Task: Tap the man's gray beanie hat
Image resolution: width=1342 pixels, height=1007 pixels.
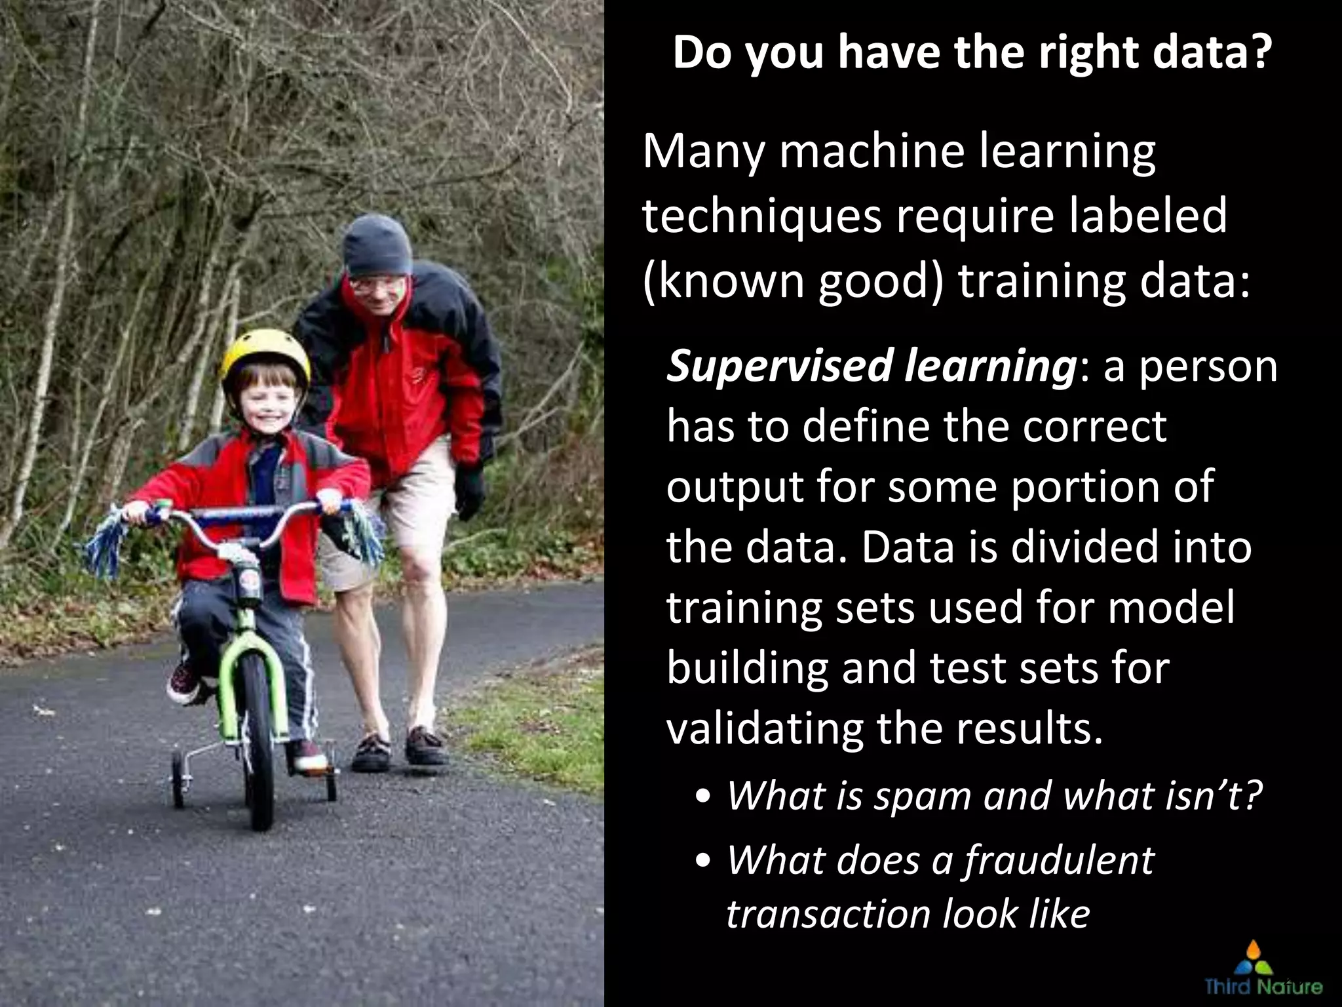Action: click(x=377, y=245)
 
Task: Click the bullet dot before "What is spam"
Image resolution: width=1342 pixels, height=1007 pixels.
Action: click(x=704, y=799)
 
